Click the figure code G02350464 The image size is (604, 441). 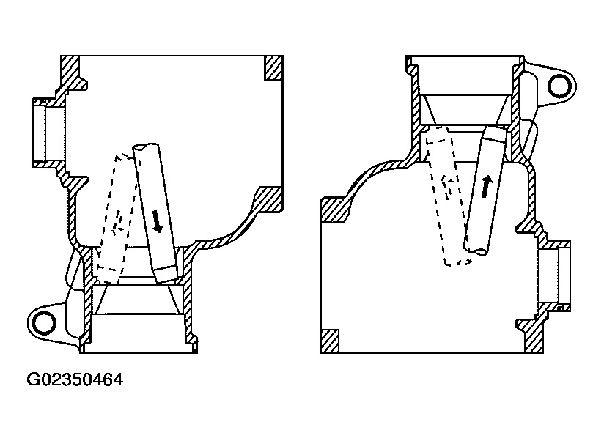[x=75, y=380]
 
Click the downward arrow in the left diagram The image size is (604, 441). [x=156, y=219]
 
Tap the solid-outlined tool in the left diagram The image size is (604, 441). [x=155, y=212]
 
